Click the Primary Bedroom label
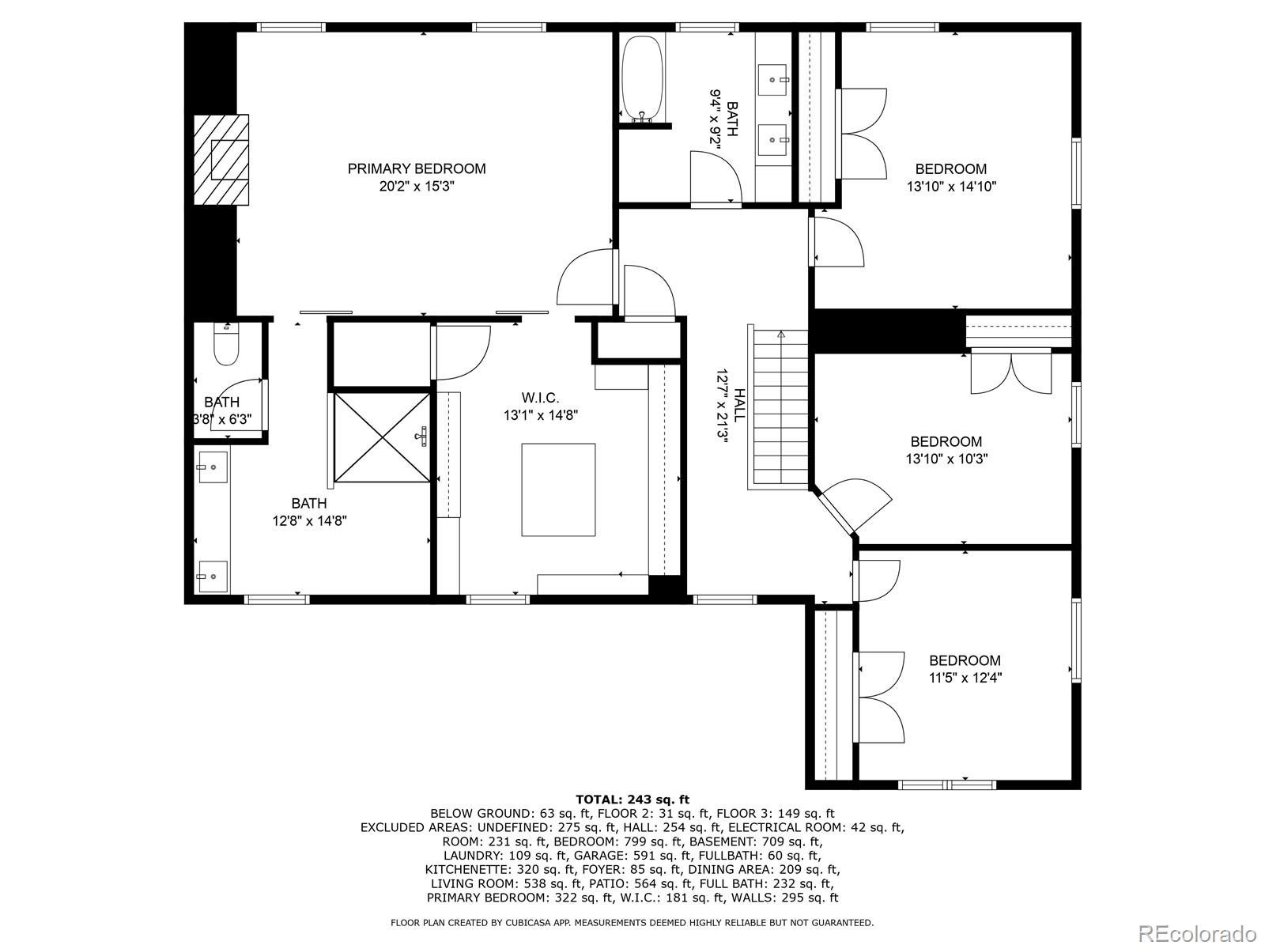pyautogui.click(x=417, y=168)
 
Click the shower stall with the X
pyautogui.click(x=383, y=437)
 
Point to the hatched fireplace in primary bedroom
pyautogui.click(x=221, y=160)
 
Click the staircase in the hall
pyautogui.click(x=780, y=409)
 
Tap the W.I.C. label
pyautogui.click(x=540, y=397)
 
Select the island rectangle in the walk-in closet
pyautogui.click(x=558, y=490)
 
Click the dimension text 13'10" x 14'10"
pyautogui.click(x=950, y=187)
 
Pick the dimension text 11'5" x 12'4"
pyautogui.click(x=964, y=678)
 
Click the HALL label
pyautogui.click(x=739, y=404)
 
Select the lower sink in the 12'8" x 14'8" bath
pyautogui.click(x=212, y=577)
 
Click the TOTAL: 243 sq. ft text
pyautogui.click(x=632, y=800)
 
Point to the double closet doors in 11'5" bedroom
pyautogui.click(x=880, y=697)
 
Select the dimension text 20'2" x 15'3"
pyautogui.click(x=417, y=187)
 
